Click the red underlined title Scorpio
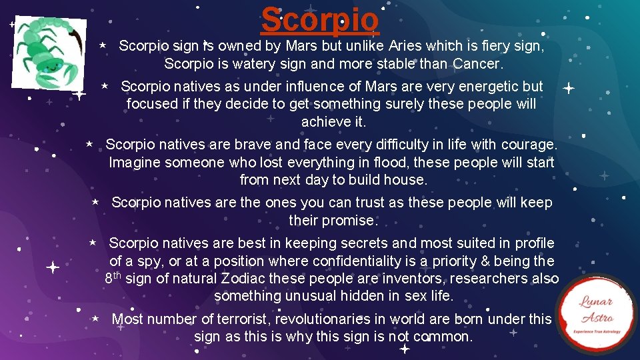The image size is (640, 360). click(x=320, y=19)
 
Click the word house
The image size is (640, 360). click(x=404, y=180)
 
